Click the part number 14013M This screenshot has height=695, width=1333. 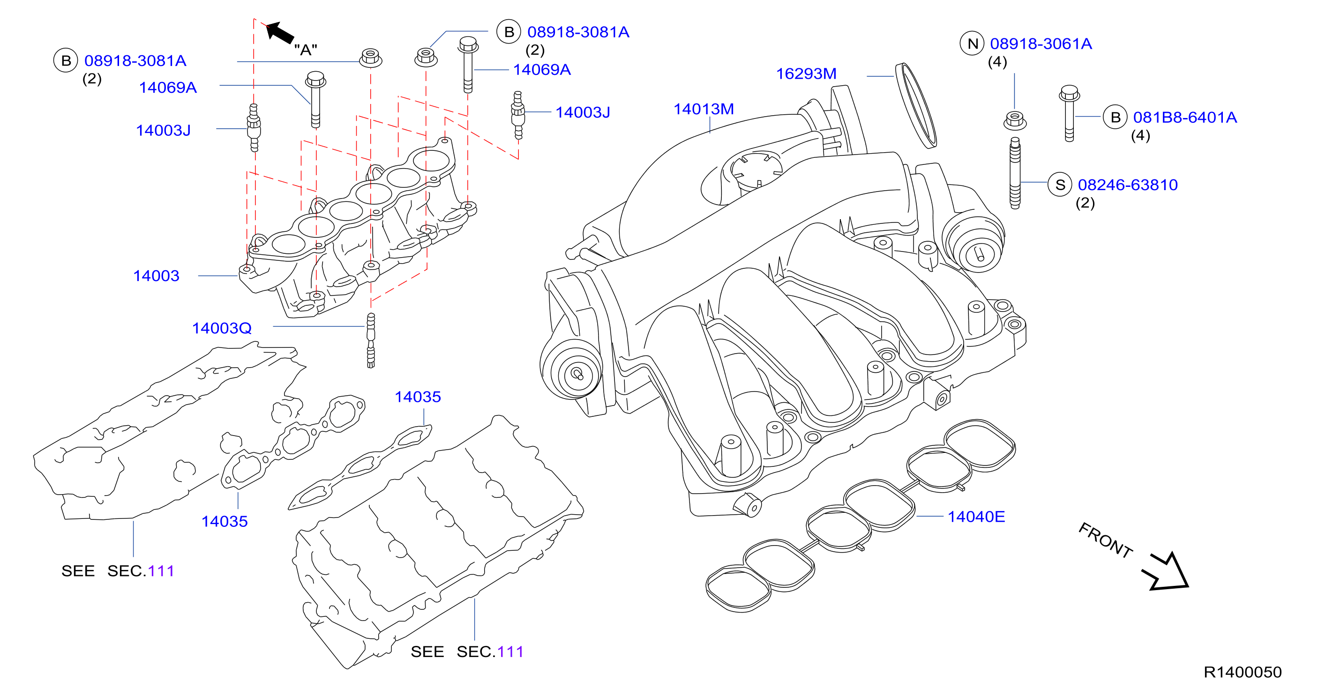(703, 109)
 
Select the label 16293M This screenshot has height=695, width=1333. (806, 74)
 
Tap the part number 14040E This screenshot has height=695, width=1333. (976, 517)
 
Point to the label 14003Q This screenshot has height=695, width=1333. (222, 328)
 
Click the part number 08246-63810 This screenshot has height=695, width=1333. (1128, 185)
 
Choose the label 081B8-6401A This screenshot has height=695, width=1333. (1185, 118)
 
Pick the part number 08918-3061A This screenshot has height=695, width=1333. (1041, 44)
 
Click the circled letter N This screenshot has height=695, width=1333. (972, 44)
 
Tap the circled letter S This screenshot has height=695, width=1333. (1060, 185)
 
